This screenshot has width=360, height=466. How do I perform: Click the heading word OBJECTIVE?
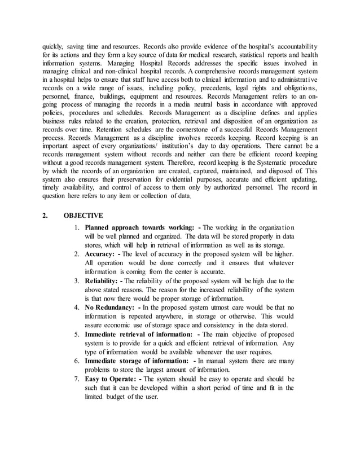coord(83,216)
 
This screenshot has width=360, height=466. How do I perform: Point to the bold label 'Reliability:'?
coord(103,280)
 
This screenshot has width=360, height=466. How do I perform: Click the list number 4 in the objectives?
coord(78,307)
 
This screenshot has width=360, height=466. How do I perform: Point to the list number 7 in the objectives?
coord(78,379)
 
